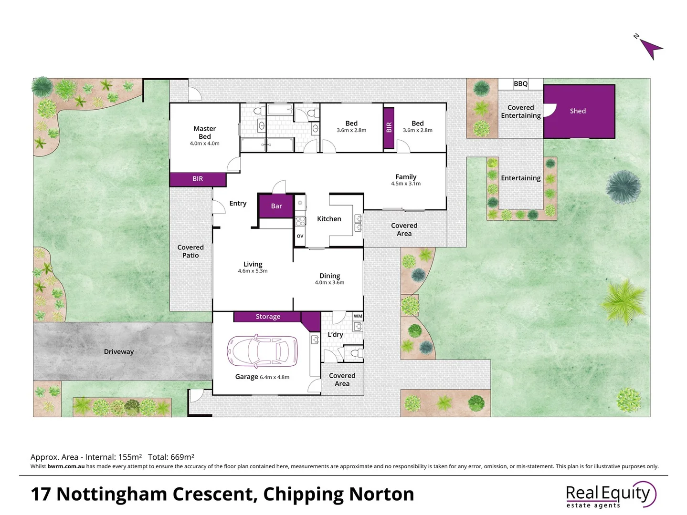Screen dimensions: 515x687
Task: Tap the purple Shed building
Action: [x=579, y=111]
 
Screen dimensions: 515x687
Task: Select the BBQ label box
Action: [x=520, y=84]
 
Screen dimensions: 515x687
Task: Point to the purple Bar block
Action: [x=276, y=206]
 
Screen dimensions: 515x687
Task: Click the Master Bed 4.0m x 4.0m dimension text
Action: [x=204, y=144]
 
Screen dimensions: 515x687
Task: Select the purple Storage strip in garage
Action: [x=267, y=317]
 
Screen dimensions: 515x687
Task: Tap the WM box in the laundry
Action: [x=358, y=316]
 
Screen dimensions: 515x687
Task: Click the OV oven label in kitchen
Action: [x=300, y=236]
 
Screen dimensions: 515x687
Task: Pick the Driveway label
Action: [x=118, y=352]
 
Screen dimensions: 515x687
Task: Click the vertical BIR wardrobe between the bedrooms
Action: [x=389, y=127]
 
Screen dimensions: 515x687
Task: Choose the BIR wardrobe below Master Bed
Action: [x=198, y=179]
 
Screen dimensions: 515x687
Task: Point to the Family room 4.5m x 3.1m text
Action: [x=406, y=184]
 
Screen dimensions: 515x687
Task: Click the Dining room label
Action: [x=329, y=276]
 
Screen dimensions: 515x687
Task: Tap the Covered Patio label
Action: [x=190, y=251]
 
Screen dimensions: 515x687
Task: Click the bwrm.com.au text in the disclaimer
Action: [x=66, y=466]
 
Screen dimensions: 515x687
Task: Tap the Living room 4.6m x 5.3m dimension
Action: [x=253, y=271]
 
